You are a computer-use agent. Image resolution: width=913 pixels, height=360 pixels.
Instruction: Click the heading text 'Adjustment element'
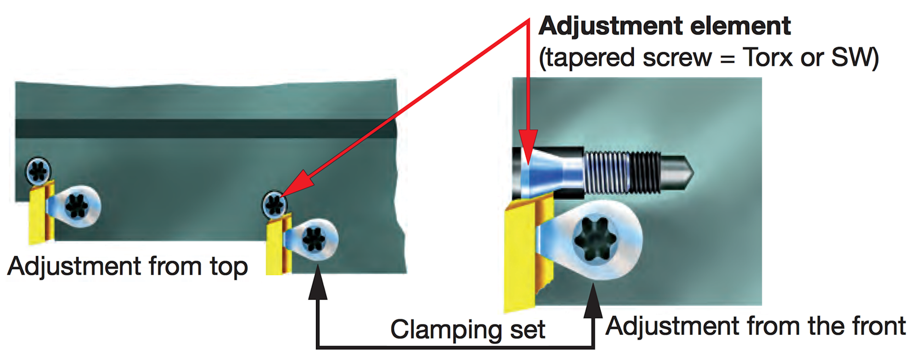coord(665,26)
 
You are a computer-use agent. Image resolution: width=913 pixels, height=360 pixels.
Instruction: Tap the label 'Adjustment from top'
coord(127,267)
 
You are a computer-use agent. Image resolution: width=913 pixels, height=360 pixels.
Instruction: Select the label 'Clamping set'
coord(468,329)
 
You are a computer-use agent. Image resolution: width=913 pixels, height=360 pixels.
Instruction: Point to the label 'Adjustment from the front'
coord(755,326)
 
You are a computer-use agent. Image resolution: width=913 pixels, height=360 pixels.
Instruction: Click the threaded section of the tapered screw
coord(622,172)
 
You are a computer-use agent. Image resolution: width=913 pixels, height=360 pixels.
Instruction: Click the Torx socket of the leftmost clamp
coord(77,206)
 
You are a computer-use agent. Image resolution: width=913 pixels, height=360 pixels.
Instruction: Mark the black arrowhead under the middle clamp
coord(317,282)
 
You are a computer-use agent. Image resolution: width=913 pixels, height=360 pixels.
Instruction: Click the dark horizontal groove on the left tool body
coord(206,128)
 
